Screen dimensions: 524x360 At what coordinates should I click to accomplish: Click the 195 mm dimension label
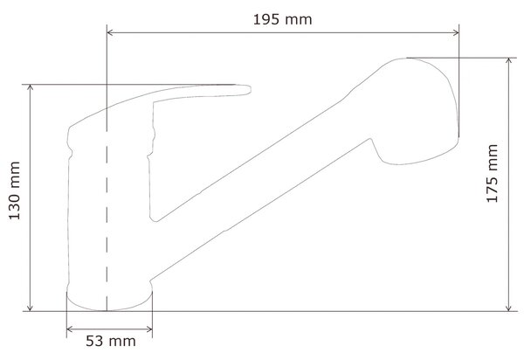282,19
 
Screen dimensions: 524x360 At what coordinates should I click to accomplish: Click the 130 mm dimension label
14,190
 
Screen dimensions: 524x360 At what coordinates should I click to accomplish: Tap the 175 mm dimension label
492,174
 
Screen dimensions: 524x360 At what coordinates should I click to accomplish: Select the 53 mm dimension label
111,342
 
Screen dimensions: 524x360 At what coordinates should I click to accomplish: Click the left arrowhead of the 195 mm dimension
111,32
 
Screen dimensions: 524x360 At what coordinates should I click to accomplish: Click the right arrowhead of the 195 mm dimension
455,32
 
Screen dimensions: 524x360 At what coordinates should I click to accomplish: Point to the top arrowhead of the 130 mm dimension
30,88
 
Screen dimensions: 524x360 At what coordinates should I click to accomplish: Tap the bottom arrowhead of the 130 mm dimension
30,308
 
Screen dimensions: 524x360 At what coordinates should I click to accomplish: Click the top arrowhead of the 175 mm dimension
508,62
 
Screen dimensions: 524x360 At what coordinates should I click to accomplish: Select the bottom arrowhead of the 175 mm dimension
508,308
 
